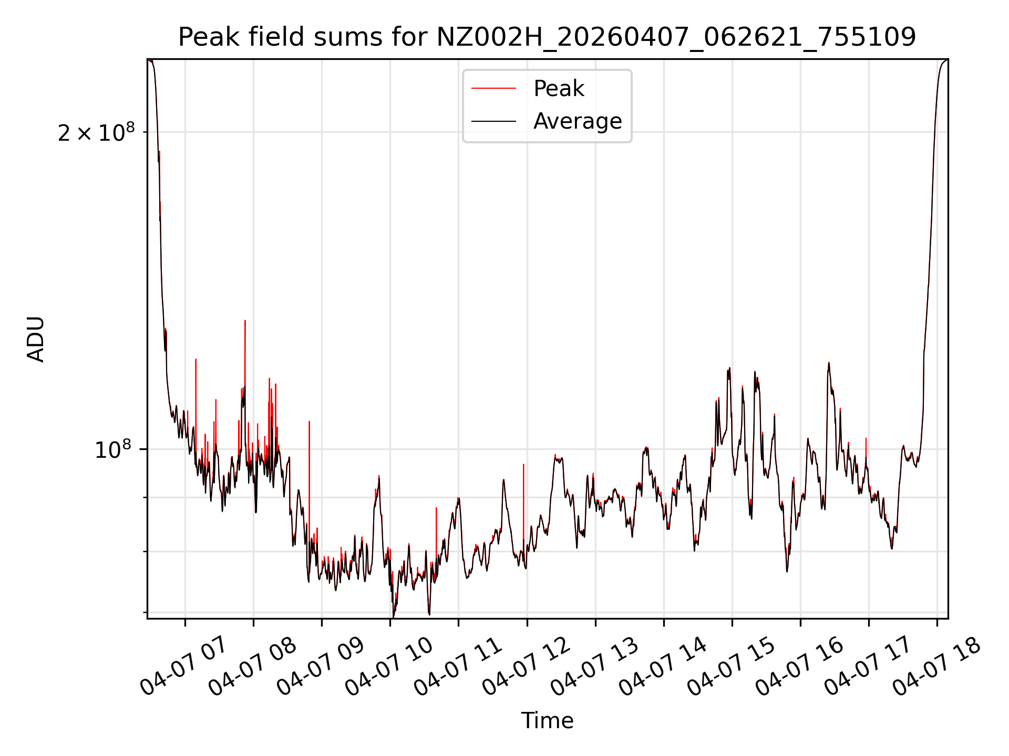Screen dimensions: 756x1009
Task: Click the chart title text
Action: [x=547, y=37]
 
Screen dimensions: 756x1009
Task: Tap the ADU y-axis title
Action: [x=36, y=339]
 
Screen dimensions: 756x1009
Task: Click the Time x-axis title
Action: [x=547, y=720]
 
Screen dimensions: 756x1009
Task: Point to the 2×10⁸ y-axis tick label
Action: [x=96, y=132]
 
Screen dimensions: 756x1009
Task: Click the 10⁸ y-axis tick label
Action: [x=114, y=449]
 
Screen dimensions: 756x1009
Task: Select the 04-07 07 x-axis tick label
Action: [x=183, y=666]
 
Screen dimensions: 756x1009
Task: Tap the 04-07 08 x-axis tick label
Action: [x=252, y=666]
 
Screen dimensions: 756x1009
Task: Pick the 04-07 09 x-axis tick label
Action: [x=320, y=666]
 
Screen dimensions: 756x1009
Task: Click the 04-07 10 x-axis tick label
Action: [x=388, y=666]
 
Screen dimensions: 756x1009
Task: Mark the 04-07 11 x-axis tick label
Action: [x=457, y=666]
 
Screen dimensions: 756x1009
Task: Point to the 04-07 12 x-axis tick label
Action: [x=526, y=666]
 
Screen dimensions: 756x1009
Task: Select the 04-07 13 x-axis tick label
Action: [x=594, y=666]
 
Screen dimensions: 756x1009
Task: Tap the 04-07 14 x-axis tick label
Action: [x=662, y=666]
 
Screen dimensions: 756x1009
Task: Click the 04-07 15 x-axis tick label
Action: [x=730, y=666]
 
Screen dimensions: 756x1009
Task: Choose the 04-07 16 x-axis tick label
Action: [x=799, y=666]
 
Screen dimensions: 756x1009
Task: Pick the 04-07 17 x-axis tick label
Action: [x=867, y=666]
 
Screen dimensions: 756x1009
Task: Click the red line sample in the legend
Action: [x=493, y=89]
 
